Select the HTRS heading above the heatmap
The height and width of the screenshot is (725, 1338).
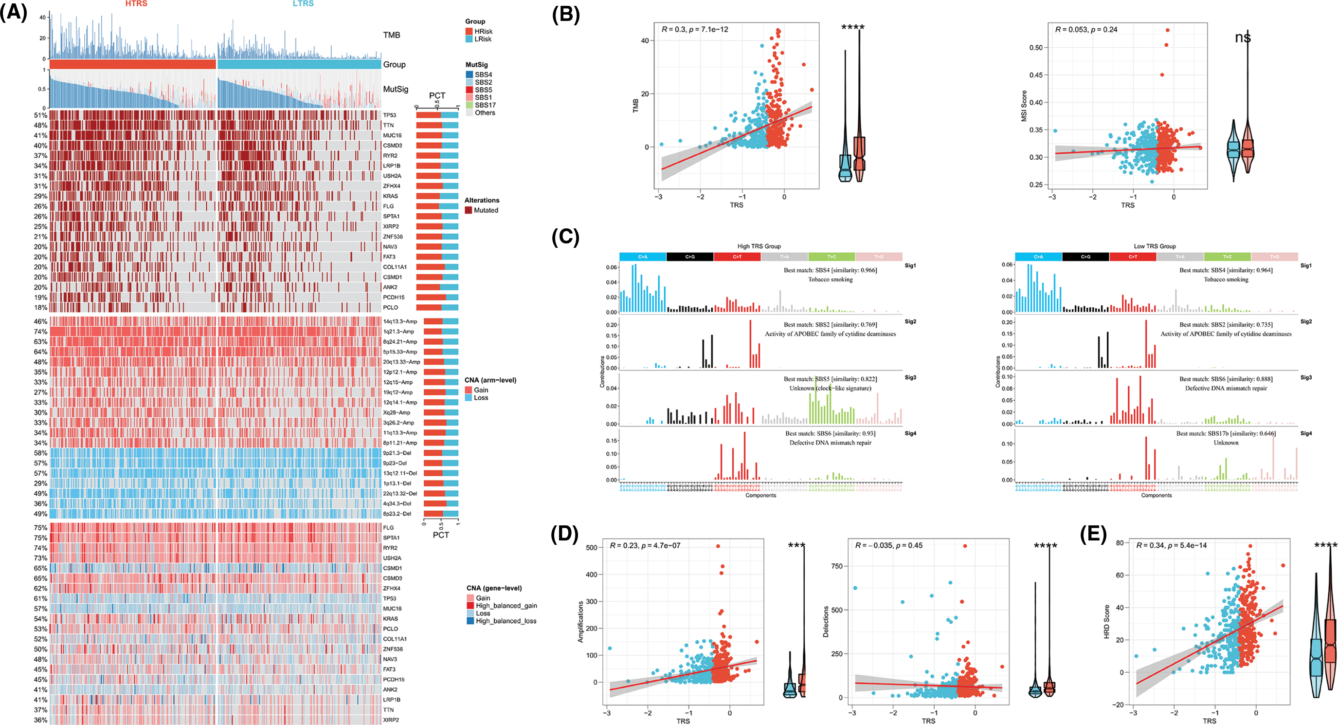tap(136, 3)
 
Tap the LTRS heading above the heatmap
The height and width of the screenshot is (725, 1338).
tap(303, 3)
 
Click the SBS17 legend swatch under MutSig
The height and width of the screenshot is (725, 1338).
tap(470, 105)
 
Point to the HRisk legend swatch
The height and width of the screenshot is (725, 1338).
tap(469, 31)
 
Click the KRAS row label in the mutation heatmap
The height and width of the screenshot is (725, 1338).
tap(391, 196)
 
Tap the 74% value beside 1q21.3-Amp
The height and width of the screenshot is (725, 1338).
tap(40, 332)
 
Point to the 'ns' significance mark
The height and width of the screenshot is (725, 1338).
tap(1243, 37)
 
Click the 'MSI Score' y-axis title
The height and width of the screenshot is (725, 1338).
tap(1024, 106)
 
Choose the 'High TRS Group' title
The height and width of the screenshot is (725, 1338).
tap(759, 246)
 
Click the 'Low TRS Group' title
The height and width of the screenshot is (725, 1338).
tap(1155, 246)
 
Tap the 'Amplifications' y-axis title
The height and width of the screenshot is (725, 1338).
tap(581, 622)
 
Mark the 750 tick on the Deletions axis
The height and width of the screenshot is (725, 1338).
tap(837, 566)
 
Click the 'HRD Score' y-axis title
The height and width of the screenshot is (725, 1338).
tap(1106, 622)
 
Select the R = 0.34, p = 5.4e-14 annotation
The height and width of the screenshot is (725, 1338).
tap(1171, 545)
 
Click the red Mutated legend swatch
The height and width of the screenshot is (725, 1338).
tap(469, 210)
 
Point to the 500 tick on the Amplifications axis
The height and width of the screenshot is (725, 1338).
tap(591, 548)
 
